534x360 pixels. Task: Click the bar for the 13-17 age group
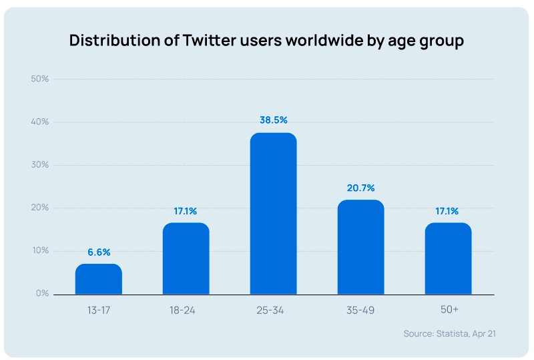point(98,279)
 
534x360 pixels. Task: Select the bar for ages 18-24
point(186,258)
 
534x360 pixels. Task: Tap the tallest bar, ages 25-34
point(273,214)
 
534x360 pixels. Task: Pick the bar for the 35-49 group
point(360,247)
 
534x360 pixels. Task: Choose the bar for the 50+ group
point(448,258)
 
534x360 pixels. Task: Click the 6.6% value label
point(98,252)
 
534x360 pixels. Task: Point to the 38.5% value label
point(273,120)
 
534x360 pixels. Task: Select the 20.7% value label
point(360,188)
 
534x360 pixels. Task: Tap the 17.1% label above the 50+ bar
point(448,211)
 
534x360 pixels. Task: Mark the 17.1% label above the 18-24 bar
point(186,211)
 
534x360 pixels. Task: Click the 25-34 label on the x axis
point(273,310)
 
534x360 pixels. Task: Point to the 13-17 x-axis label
point(98,310)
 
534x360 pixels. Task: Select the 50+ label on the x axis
point(448,310)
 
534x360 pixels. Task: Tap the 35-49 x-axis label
point(360,310)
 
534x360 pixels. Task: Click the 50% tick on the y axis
point(40,79)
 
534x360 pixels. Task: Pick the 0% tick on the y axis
point(42,293)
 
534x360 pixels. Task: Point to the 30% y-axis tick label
point(40,165)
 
